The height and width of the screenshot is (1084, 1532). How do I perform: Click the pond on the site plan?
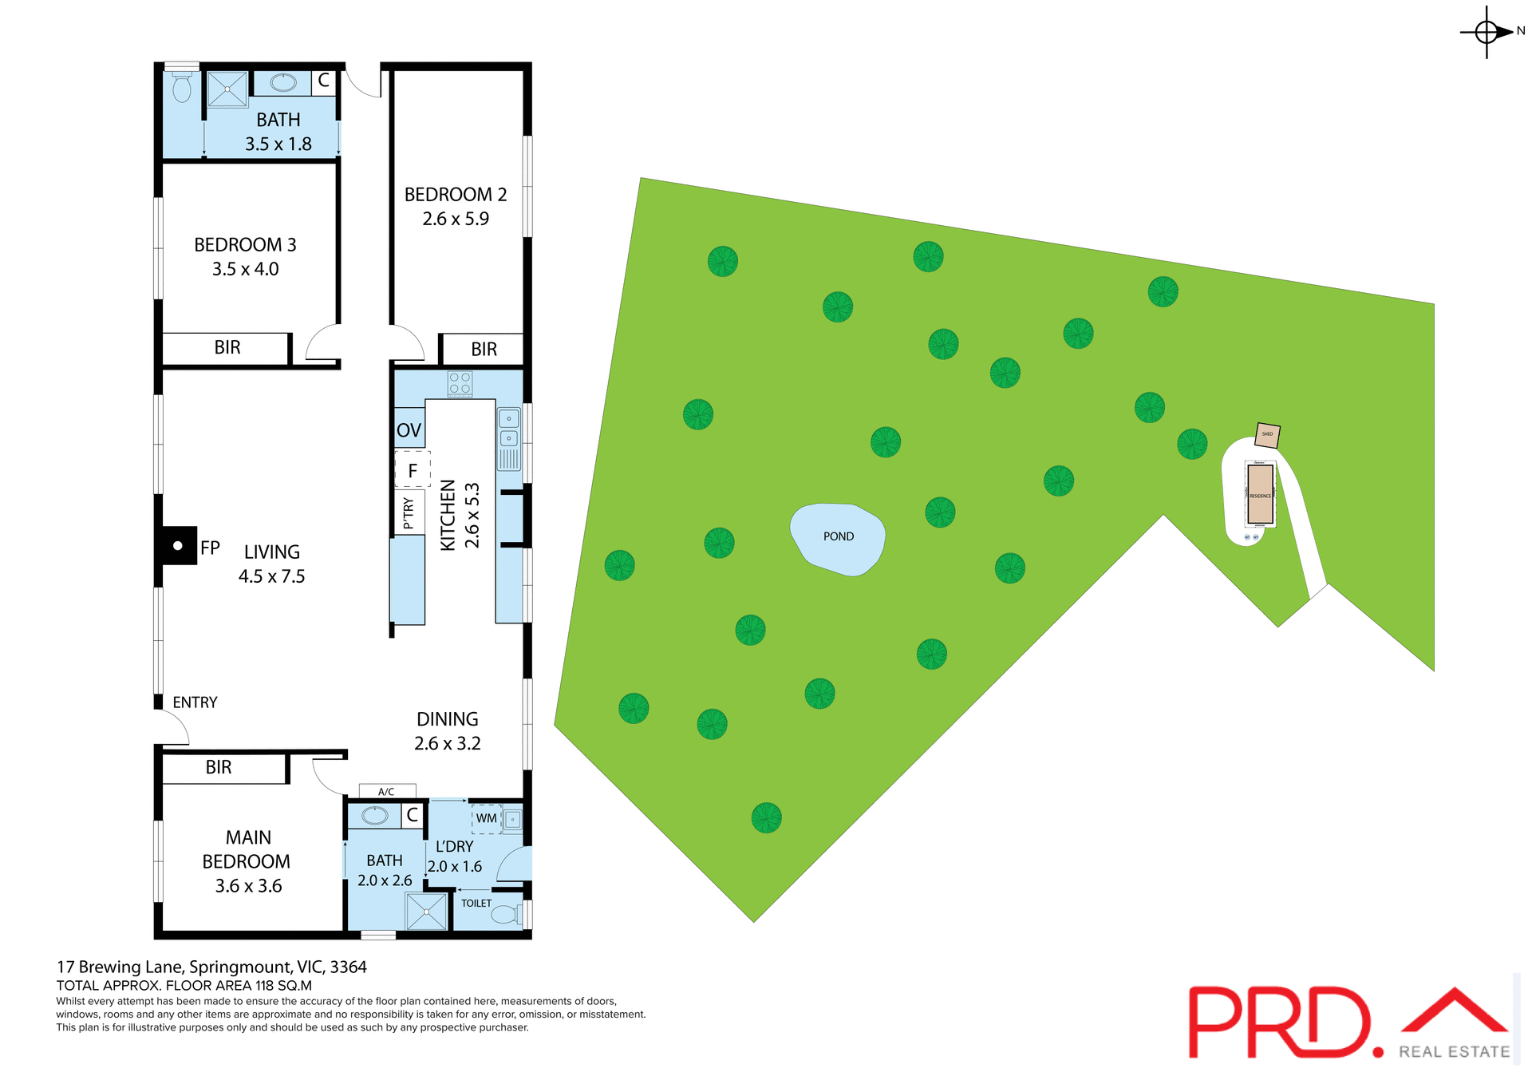point(837,538)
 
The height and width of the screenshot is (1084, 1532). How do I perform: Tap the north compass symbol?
point(1487,32)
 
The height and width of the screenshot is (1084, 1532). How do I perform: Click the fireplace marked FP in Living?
point(179,546)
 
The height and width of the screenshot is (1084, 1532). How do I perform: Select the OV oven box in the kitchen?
point(409,429)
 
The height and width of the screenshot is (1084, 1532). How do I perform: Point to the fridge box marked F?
point(413,470)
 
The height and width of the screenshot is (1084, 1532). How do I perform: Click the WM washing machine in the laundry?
point(487,818)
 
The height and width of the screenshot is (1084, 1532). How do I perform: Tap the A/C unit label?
point(387,791)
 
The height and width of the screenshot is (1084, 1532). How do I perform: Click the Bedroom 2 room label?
point(456,206)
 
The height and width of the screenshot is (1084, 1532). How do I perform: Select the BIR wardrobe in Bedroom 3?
point(227,347)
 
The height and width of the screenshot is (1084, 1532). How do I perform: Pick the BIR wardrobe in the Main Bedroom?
point(219,767)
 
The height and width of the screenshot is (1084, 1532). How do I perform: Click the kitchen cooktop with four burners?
point(460,383)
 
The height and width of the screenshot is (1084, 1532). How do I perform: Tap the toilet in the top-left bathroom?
point(182,88)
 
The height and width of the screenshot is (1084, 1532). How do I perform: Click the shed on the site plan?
point(1267,435)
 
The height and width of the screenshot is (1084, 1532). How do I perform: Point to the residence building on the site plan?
point(1260,494)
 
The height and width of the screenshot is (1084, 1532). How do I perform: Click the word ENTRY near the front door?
point(195,702)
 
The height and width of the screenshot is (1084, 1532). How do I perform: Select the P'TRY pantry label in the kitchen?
point(409,512)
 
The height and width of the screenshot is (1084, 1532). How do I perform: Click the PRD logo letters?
point(1281,1023)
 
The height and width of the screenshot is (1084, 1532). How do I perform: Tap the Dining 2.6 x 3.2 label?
point(447,731)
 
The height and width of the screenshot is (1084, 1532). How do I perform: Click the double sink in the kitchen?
point(509,428)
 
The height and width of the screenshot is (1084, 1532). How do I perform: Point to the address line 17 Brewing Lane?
point(211,967)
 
